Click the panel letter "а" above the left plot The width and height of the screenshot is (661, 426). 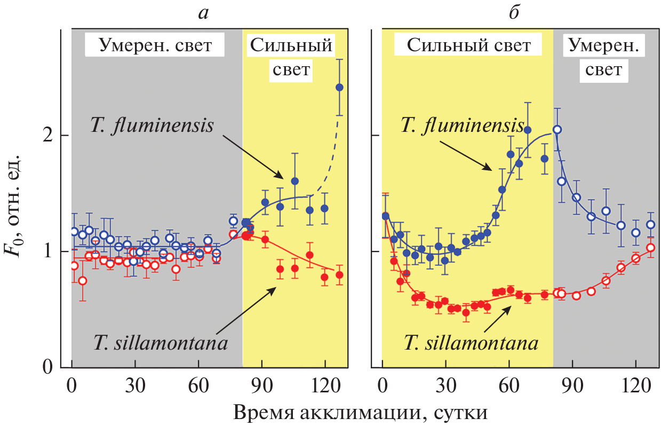point(203,13)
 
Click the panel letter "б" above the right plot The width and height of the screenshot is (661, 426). point(513,13)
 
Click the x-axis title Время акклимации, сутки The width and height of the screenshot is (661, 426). point(360,412)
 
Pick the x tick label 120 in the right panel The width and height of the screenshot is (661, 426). point(635,386)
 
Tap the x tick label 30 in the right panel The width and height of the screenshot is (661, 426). point(445,386)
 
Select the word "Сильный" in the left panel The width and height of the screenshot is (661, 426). point(292,46)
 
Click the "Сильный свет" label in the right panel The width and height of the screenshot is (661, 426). point(468,46)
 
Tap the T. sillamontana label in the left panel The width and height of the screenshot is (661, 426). point(161,342)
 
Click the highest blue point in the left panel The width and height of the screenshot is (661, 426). point(339,87)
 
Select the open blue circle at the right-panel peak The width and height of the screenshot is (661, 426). point(557,129)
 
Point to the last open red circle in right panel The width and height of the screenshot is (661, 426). point(650,248)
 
